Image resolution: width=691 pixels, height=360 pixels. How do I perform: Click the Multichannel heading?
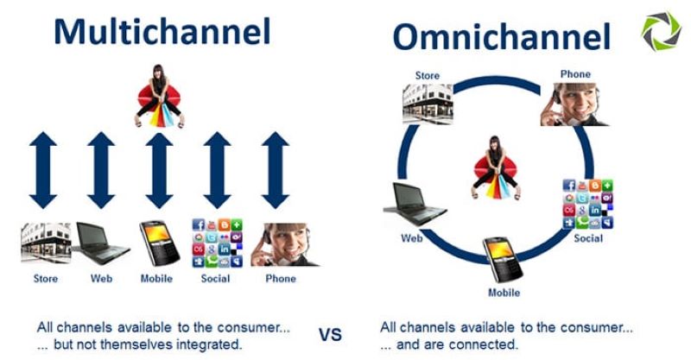pos(162,31)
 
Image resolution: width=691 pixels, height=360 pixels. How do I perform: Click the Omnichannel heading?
pos(502,36)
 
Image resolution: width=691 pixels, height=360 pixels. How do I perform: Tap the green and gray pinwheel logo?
pos(661,31)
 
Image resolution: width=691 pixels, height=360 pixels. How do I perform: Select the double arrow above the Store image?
pos(42,170)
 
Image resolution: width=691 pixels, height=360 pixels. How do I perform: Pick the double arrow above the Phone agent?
pos(275,170)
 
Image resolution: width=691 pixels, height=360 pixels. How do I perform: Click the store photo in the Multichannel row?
pos(46,243)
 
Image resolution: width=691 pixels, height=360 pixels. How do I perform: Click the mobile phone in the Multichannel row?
pos(160,243)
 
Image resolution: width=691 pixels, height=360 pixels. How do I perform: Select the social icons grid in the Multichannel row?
pos(218,243)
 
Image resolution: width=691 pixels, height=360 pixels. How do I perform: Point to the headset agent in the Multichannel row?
pos(284,244)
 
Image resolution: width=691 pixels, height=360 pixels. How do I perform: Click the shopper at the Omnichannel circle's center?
pos(496,167)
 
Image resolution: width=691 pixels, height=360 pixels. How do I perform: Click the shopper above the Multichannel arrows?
pos(159,96)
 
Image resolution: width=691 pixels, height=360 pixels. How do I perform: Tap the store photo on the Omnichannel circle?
pos(428,104)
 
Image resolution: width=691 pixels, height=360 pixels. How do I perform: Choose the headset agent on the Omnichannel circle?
pos(574,104)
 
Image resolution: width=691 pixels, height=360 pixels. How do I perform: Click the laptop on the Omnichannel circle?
pos(415,204)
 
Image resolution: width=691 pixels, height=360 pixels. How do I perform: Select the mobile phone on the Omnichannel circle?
pos(503,260)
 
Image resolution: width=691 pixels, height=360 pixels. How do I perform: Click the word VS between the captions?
pos(330,334)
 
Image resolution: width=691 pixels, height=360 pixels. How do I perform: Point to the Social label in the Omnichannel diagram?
pos(588,238)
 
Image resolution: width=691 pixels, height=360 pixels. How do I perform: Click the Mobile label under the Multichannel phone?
pos(156,279)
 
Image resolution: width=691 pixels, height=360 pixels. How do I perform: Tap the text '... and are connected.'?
pos(449,344)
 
